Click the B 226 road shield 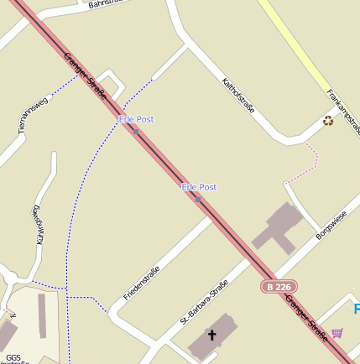click(279, 287)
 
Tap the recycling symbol click(328, 121)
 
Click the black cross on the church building click(211, 335)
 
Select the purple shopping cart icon click(337, 333)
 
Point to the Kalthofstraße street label click(237, 95)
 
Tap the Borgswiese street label click(331, 225)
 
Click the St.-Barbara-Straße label click(204, 302)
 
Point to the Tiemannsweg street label click(34, 113)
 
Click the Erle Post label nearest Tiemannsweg click(136, 119)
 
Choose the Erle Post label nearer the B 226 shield click(199, 187)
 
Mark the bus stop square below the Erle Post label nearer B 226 click(198, 199)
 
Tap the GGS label click(13, 357)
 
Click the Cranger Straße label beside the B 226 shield click(305, 316)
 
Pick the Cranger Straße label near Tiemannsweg click(85, 76)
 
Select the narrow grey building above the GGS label click(42, 316)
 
